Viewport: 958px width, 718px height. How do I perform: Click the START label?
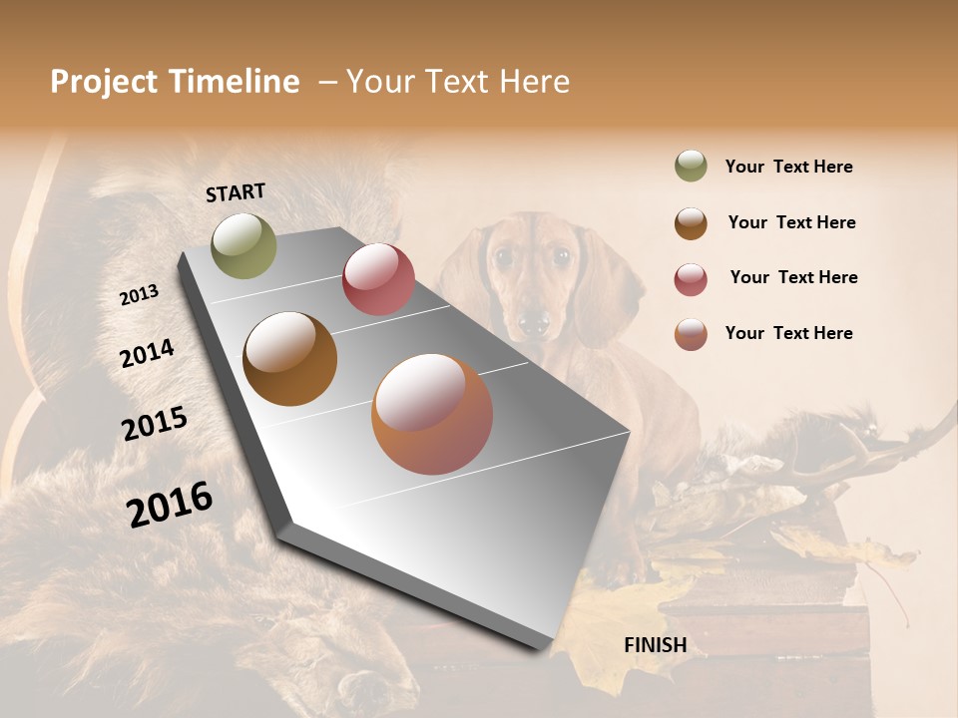coord(236,192)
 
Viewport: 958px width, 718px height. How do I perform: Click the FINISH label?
coord(656,645)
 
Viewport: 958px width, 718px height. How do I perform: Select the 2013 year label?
coord(139,295)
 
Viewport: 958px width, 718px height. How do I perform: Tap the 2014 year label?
coord(147,353)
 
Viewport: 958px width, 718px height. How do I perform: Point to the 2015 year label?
coord(155,424)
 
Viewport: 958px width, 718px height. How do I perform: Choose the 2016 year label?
coord(170,505)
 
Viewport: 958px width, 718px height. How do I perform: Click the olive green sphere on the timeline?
coord(243,245)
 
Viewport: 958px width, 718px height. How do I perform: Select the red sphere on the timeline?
coord(378,279)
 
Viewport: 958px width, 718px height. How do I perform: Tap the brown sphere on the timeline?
coord(289,359)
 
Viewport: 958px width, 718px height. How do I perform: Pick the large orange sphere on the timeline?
coord(432,414)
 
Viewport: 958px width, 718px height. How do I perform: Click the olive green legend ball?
coord(691,166)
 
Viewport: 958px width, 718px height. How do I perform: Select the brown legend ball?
coord(691,223)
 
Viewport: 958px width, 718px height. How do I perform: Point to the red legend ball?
coord(691,279)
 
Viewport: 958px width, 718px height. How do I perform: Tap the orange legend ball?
coord(691,334)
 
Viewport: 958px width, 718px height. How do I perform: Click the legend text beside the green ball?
coord(789,167)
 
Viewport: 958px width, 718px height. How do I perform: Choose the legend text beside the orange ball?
coord(789,333)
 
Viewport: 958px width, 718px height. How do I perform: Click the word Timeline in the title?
coord(235,82)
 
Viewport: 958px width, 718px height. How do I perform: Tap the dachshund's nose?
coord(534,321)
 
